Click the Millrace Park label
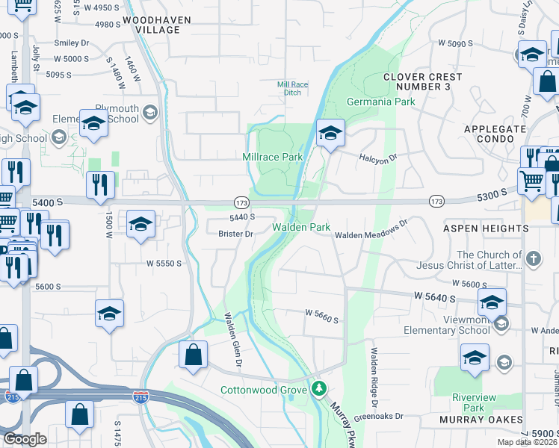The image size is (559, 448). (x=272, y=157)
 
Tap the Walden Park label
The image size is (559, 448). (x=300, y=227)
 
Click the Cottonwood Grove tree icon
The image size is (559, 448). (x=319, y=389)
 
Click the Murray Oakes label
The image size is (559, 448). (x=482, y=420)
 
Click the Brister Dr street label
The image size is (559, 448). (x=236, y=234)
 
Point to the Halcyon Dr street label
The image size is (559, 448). (x=380, y=158)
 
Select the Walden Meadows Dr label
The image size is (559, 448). (x=371, y=234)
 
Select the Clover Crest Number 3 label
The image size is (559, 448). (x=428, y=82)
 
